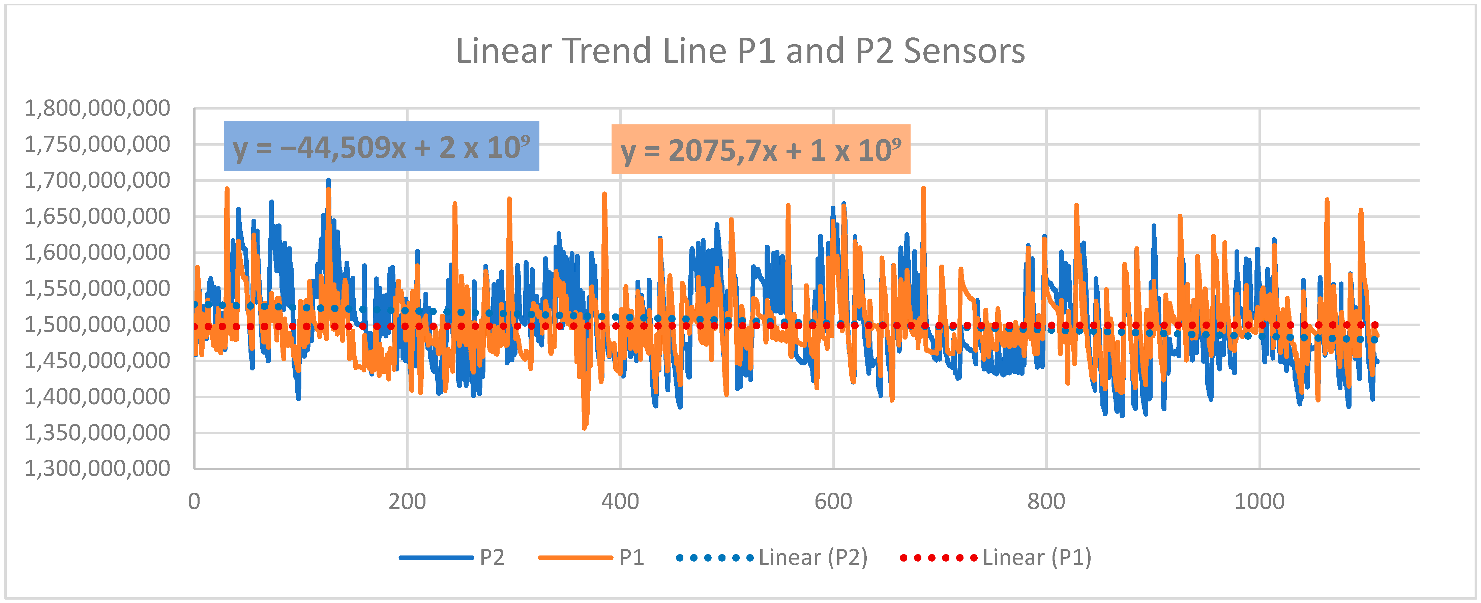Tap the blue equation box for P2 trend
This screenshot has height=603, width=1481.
(381, 147)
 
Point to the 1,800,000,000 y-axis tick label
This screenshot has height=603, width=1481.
(96, 108)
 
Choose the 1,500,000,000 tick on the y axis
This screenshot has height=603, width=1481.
(96, 324)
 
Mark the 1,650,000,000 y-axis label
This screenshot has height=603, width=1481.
(96, 216)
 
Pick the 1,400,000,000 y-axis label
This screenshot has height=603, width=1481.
(96, 397)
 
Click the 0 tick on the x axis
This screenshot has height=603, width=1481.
(194, 501)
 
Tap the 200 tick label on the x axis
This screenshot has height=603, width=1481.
(407, 501)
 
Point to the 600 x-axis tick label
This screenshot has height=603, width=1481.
(833, 501)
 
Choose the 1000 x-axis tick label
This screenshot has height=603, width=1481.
(1259, 501)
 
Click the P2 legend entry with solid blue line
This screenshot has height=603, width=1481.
(452, 557)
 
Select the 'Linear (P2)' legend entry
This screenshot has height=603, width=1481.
(772, 557)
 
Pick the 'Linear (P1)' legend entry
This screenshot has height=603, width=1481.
(996, 557)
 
